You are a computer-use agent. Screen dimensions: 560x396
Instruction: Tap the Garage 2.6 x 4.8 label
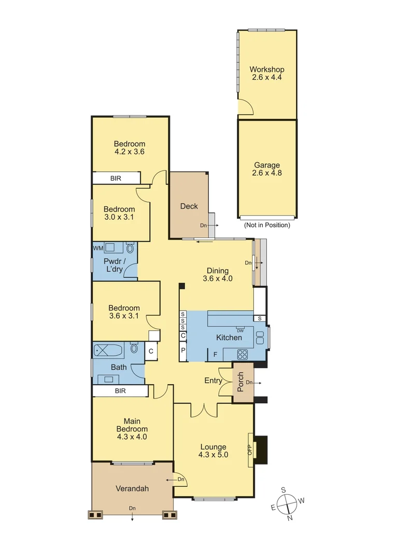tap(267, 170)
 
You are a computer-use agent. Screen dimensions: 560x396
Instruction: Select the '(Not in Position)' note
tap(267, 225)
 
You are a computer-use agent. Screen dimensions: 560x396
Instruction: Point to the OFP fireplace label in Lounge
tap(249, 449)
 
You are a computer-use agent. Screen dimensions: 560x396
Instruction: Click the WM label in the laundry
tap(97, 248)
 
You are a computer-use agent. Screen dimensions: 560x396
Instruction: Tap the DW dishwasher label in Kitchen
tap(240, 330)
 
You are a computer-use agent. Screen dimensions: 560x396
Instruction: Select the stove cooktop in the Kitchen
tap(243, 355)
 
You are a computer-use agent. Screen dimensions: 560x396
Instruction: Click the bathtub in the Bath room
tap(109, 351)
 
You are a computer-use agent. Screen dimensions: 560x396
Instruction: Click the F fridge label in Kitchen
tap(215, 355)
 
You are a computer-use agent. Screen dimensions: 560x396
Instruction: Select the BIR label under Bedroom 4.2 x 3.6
tap(117, 178)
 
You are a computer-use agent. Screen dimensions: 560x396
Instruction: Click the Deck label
tap(189, 206)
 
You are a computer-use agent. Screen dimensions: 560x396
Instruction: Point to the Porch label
tap(241, 382)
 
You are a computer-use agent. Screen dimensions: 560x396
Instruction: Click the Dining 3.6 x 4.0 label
tap(217, 274)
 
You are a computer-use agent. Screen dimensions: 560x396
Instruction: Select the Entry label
tap(213, 381)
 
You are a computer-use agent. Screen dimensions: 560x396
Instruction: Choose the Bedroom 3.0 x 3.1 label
tap(119, 213)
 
